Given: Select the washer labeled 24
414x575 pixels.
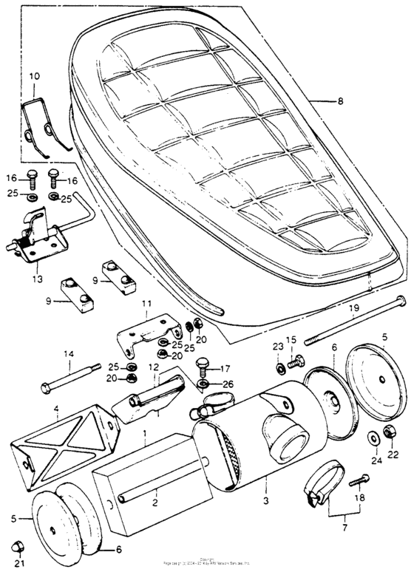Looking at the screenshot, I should (376, 438).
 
